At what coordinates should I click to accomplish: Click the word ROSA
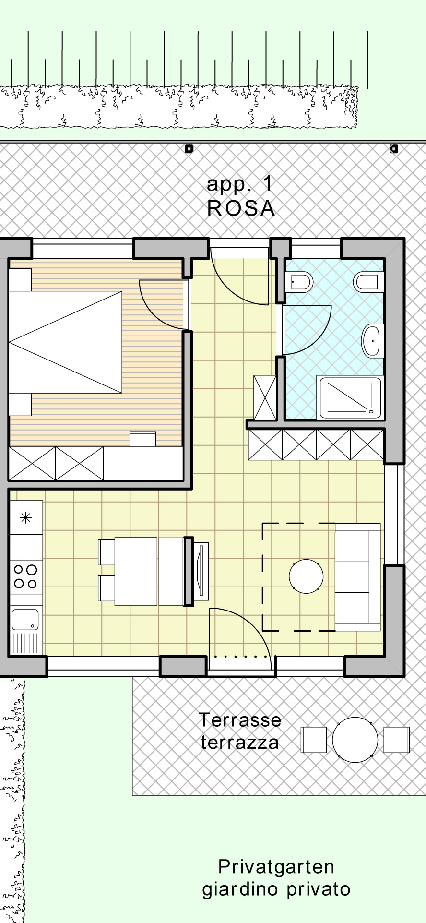pos(241,208)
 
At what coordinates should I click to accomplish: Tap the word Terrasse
pos(240,720)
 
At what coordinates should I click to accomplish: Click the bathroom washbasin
pos(372,341)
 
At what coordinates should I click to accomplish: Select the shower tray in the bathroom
pos(350,396)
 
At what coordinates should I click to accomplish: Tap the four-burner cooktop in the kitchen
pos(26,576)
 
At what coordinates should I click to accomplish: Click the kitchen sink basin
pos(25,619)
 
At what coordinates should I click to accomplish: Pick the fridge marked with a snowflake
pos(26,517)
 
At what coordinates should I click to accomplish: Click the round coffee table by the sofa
pos(306,576)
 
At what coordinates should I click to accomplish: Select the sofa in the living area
pos(358,577)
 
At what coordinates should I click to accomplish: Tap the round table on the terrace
pos(355,740)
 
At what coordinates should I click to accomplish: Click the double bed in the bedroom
pos(65,342)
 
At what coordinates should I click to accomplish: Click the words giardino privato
pos(276,890)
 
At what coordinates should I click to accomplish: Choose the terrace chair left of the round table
pos(314,740)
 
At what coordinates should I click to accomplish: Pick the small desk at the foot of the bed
pos(143,439)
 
